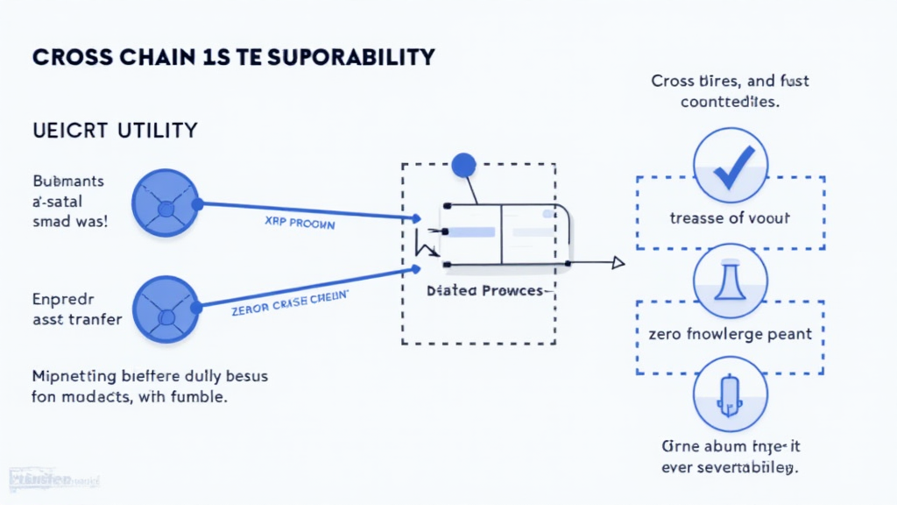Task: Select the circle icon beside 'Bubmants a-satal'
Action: pyautogui.click(x=165, y=203)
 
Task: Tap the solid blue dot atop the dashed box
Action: pyautogui.click(x=463, y=164)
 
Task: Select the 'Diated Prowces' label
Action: pyautogui.click(x=484, y=290)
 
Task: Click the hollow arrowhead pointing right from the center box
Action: pyautogui.click(x=618, y=262)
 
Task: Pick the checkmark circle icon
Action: pyautogui.click(x=730, y=167)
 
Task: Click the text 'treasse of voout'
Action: pyautogui.click(x=730, y=218)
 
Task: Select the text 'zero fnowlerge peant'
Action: pyautogui.click(x=730, y=333)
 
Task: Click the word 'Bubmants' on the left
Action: pyautogui.click(x=69, y=181)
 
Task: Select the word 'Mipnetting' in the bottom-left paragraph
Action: pyautogui.click(x=74, y=376)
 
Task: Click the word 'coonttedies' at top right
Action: pyautogui.click(x=730, y=101)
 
